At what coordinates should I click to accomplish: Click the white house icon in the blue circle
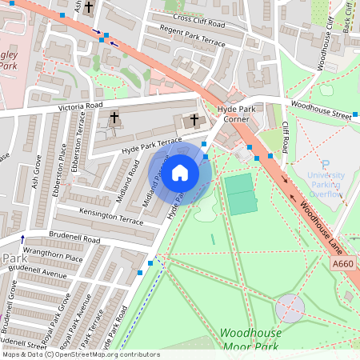[x=180, y=173]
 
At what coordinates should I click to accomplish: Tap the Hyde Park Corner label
[x=239, y=112]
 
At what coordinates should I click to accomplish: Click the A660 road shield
[x=342, y=263]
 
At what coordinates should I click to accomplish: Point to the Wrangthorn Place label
[x=53, y=258]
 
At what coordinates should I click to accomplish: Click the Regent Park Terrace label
[x=193, y=38]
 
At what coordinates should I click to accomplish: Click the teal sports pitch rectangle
[x=241, y=194]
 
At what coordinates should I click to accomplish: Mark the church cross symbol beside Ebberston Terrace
[x=114, y=118]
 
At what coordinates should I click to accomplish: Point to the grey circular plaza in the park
[x=289, y=306]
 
